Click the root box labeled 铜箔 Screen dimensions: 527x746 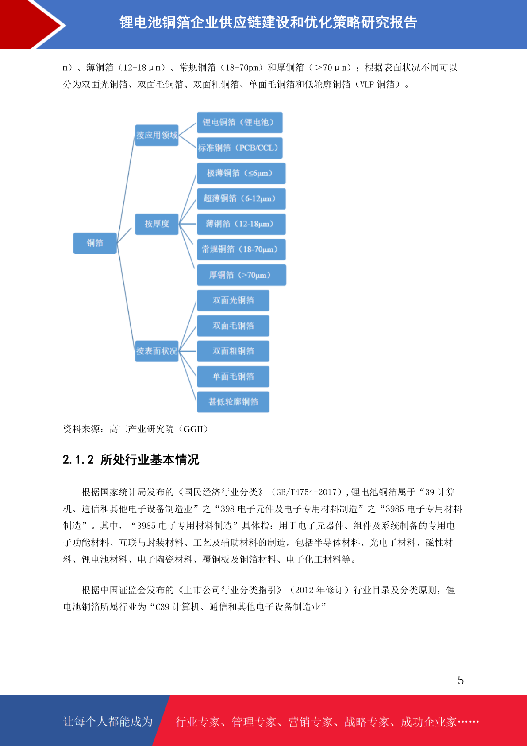(95, 243)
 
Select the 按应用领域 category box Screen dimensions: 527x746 (157, 135)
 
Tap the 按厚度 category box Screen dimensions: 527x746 (157, 224)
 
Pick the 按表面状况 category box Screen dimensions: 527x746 (157, 351)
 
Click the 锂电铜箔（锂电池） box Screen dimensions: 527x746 (239, 123)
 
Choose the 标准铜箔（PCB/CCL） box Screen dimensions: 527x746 (239, 148)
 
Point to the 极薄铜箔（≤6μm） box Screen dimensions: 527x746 (241, 173)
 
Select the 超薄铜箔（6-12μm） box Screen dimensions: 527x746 (241, 199)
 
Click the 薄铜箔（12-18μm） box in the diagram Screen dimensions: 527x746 (241, 224)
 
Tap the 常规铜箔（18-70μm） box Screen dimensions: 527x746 (241, 249)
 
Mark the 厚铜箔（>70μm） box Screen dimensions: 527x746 (242, 275)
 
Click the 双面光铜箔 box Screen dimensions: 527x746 (233, 300)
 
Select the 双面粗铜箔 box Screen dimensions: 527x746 (233, 351)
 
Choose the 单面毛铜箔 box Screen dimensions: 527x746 (233, 377)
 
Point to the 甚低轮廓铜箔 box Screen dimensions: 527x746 (233, 402)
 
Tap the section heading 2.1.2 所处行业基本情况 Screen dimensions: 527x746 (131, 459)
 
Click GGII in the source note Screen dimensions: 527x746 (193, 429)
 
